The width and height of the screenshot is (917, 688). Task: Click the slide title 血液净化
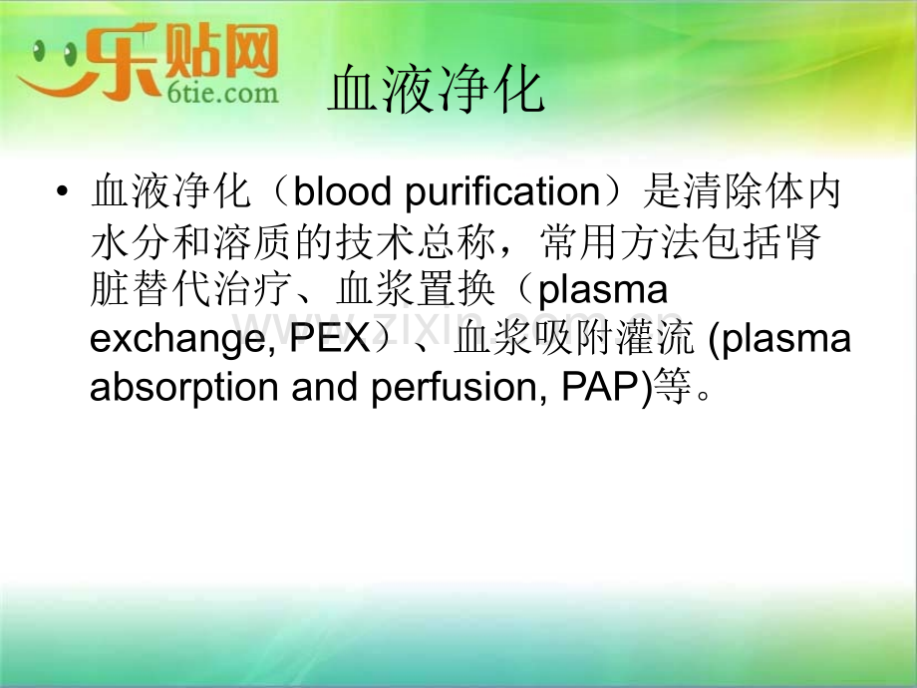pyautogui.click(x=437, y=90)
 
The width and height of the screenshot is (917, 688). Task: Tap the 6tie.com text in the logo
pyautogui.click(x=223, y=93)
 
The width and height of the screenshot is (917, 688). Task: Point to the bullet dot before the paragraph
pyautogui.click(x=62, y=191)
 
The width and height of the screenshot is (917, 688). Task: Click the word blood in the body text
pyautogui.click(x=342, y=190)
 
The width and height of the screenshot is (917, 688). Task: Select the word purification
pyautogui.click(x=502, y=192)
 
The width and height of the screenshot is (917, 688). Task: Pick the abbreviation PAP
pyautogui.click(x=602, y=386)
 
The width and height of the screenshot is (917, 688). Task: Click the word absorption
pyautogui.click(x=184, y=388)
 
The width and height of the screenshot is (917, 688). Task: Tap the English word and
pyautogui.click(x=325, y=386)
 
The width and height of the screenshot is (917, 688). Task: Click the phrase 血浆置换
pyautogui.click(x=417, y=289)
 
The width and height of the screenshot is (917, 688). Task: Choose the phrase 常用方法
pyautogui.click(x=621, y=240)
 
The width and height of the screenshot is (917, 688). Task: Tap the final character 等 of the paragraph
pyautogui.click(x=673, y=386)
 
